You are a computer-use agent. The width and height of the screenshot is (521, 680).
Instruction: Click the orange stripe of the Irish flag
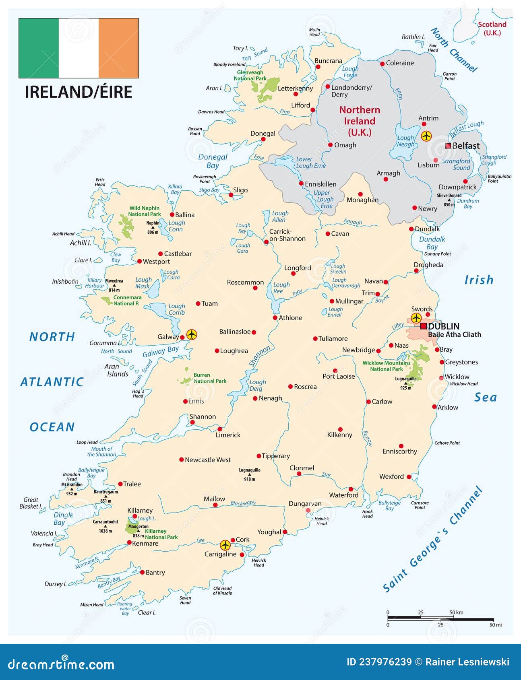[118, 48]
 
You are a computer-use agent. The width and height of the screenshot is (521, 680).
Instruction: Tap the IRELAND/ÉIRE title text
[79, 92]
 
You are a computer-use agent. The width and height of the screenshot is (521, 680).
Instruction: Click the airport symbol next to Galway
[192, 334]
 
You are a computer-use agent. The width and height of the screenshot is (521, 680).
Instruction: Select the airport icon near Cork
[225, 545]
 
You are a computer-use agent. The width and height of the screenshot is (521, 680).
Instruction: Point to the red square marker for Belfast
[448, 146]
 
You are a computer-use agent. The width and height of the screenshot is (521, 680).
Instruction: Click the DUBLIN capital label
[443, 326]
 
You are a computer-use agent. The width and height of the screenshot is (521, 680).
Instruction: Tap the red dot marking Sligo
[231, 195]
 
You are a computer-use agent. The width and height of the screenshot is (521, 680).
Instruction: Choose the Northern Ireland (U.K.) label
[360, 121]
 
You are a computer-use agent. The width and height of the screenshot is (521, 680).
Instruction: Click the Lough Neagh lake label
[405, 141]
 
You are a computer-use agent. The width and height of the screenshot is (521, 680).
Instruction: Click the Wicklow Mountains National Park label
[386, 366]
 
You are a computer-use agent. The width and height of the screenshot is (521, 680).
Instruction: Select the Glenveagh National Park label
[250, 75]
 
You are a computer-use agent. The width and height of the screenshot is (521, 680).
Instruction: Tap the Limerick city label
[228, 435]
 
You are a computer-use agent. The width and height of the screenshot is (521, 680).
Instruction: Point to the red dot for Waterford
[351, 489]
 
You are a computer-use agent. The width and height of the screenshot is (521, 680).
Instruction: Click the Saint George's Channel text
[433, 539]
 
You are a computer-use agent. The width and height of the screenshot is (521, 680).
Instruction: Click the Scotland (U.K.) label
[492, 28]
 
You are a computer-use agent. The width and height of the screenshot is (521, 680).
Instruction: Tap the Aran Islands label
[117, 370]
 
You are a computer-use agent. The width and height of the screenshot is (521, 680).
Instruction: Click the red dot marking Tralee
[120, 484]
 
